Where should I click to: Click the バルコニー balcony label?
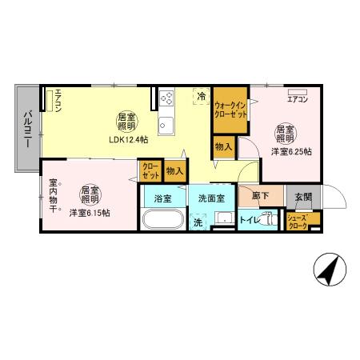[26, 127]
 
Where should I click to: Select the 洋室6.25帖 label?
[290, 150]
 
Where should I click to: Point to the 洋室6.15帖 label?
[89, 212]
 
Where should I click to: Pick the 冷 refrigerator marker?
[201, 97]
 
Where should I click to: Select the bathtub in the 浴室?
[162, 220]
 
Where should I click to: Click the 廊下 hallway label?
[260, 196]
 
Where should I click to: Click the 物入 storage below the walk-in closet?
[224, 146]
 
